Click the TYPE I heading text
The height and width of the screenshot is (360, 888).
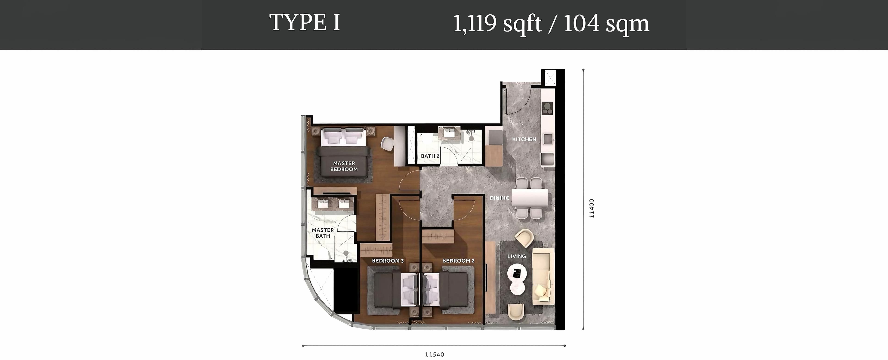click(305, 23)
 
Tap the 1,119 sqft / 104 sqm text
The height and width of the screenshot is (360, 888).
click(551, 23)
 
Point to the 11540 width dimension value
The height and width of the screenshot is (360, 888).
click(434, 354)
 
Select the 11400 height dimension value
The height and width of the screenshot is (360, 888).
click(592, 208)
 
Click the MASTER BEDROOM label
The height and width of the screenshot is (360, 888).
click(344, 166)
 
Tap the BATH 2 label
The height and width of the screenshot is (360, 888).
click(430, 156)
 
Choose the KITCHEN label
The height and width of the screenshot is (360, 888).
click(524, 139)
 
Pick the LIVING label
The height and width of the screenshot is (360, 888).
click(516, 256)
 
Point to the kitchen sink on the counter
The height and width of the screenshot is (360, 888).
click(547, 139)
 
